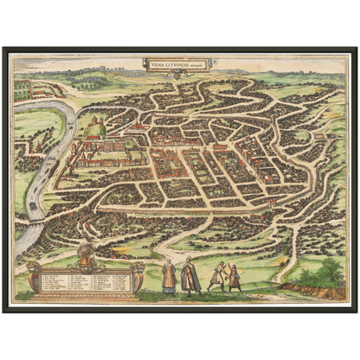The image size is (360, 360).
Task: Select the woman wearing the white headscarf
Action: coord(170,276)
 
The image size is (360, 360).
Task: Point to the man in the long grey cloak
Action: coord(190,276)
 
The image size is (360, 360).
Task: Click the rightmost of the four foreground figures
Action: coord(235,277)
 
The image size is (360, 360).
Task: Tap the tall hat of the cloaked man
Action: coord(189,259)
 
